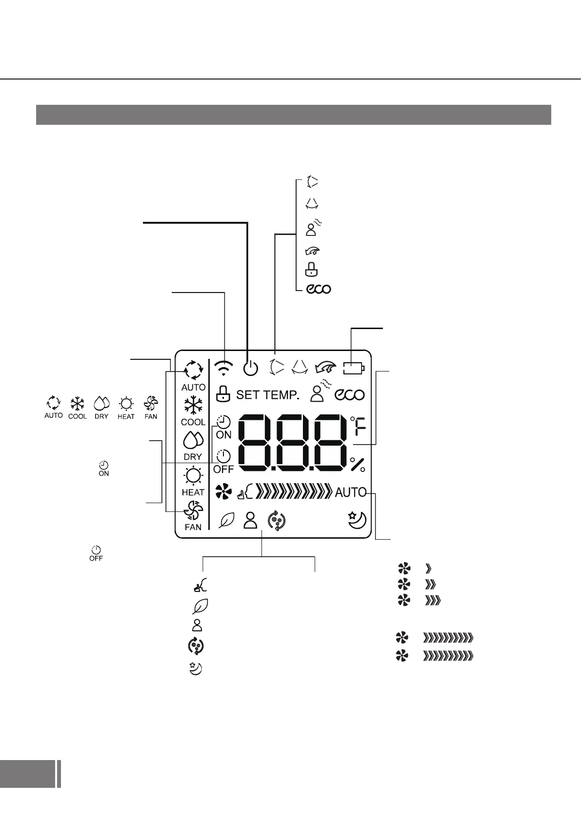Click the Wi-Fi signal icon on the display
point(223,369)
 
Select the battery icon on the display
point(354,368)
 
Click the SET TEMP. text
point(267,395)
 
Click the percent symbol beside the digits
point(358,465)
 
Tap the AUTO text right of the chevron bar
point(350,492)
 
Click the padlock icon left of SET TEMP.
point(222,394)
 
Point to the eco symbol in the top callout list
point(319,289)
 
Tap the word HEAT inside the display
point(193,492)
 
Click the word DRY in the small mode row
point(101,416)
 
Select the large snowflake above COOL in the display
point(193,406)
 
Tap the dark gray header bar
point(293,115)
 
